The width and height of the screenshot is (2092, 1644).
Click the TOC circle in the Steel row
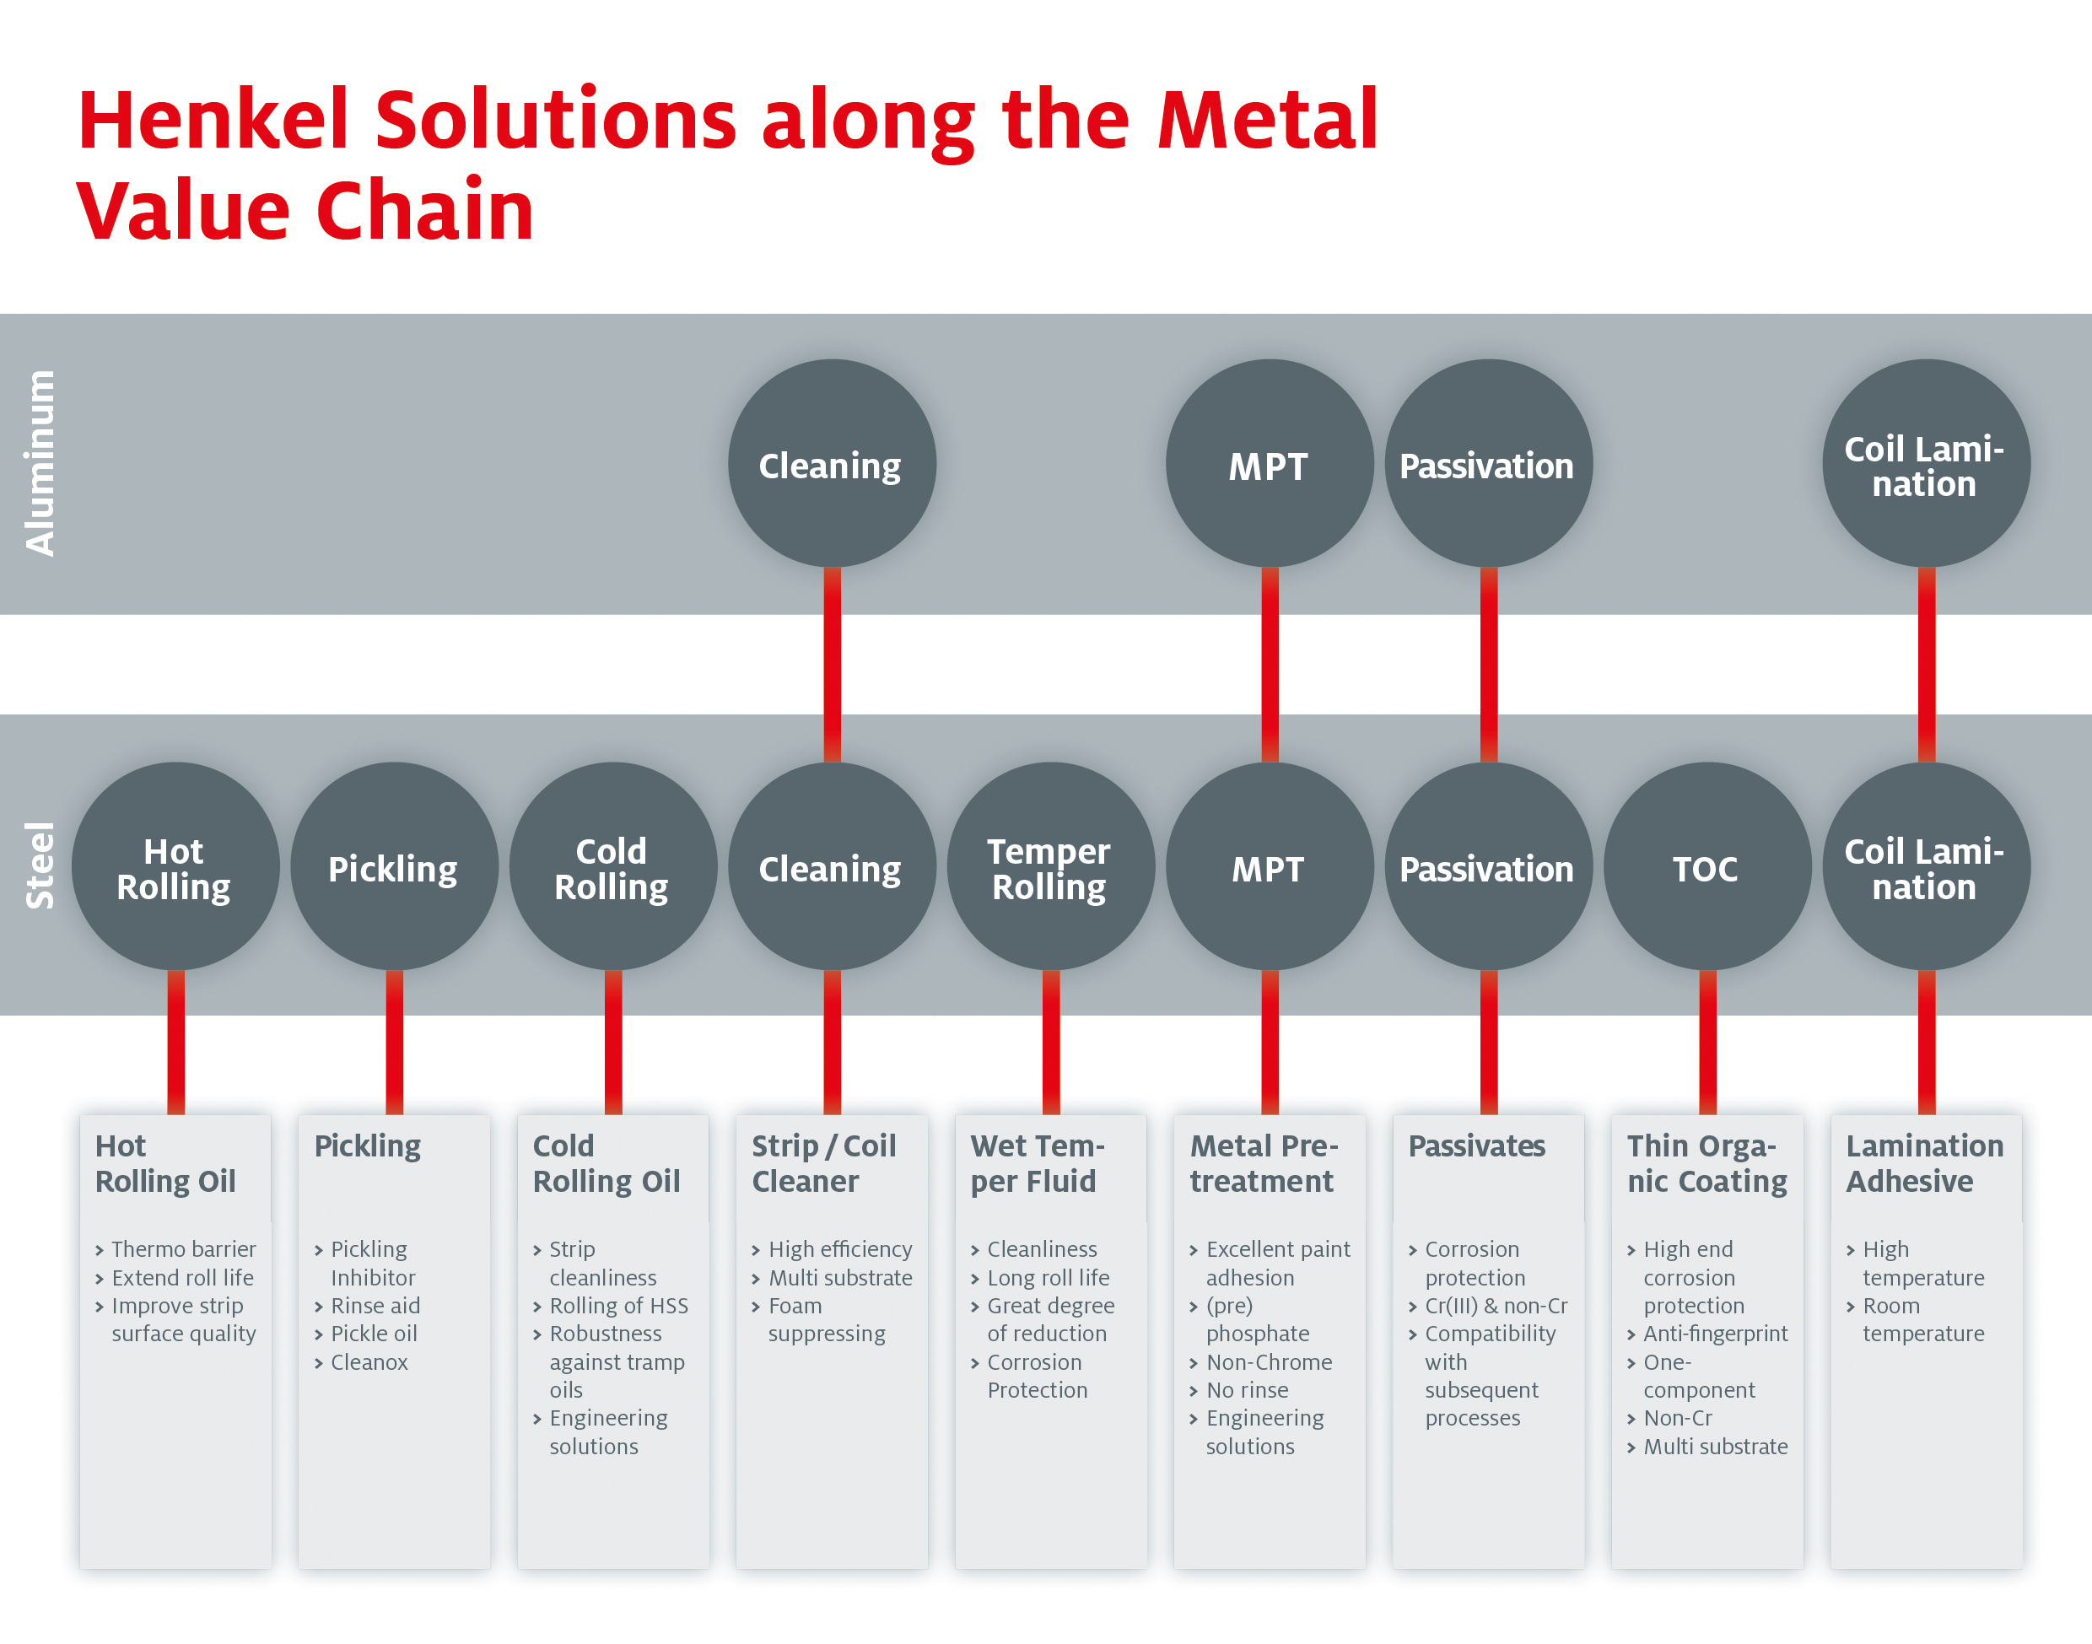pyautogui.click(x=1706, y=867)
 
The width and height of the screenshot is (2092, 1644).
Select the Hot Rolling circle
pyautogui.click(x=175, y=867)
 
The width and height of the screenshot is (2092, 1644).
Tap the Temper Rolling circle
pyautogui.click(x=1050, y=867)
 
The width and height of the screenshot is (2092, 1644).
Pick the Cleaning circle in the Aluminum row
pyautogui.click(x=832, y=465)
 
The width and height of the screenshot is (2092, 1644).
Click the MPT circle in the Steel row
pyautogui.click(x=1269, y=867)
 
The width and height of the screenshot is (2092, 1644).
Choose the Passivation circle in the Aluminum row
pyautogui.click(x=1487, y=465)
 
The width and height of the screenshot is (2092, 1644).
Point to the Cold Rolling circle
pyautogui.click(x=612, y=867)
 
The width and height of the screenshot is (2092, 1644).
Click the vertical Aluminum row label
pyautogui.click(x=40, y=463)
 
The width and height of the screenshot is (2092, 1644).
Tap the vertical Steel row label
pyautogui.click(x=40, y=865)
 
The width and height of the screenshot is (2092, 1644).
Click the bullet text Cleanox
pyautogui.click(x=369, y=1362)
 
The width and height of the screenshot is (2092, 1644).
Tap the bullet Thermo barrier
pyautogui.click(x=183, y=1249)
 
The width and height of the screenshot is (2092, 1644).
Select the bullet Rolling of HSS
pyautogui.click(x=618, y=1306)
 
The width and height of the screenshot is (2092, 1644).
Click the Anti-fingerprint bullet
pyautogui.click(x=1715, y=1334)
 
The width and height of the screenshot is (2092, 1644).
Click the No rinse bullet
pyautogui.click(x=1247, y=1390)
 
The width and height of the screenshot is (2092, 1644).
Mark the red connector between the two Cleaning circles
pyautogui.click(x=832, y=664)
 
